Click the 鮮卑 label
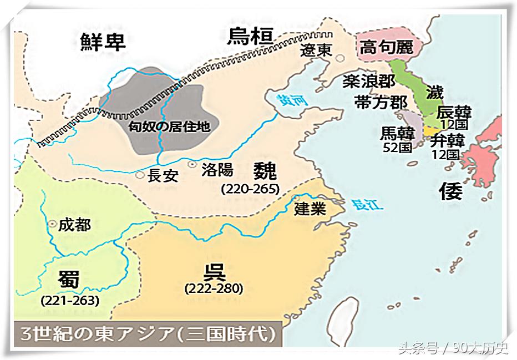point(103,42)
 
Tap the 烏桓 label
point(251,37)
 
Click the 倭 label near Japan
point(450,191)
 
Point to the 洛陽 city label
point(217,168)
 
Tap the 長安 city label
point(163,176)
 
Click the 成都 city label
point(74,225)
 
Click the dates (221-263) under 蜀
point(70,301)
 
